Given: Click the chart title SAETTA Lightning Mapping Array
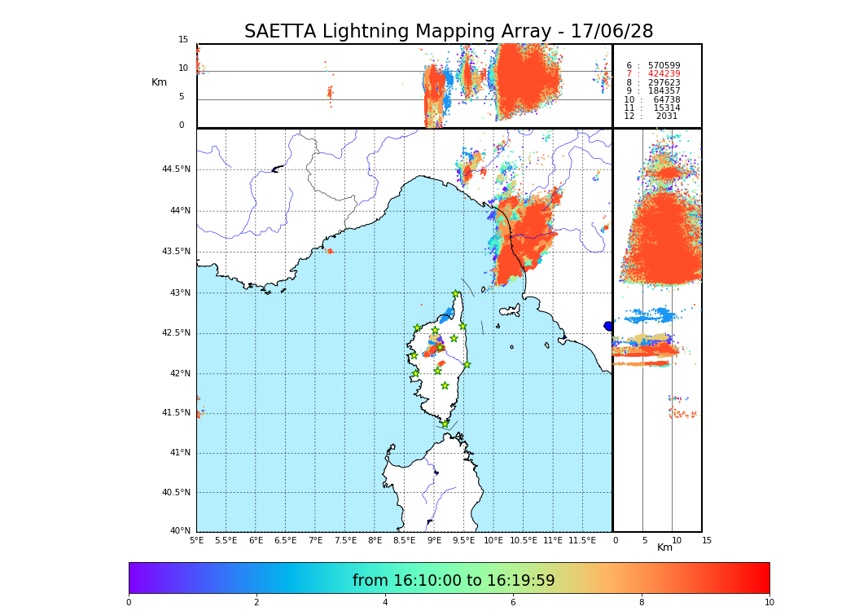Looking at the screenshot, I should coord(449,32).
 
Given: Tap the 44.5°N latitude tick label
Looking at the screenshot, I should coord(176,169).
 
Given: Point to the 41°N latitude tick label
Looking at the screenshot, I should coord(180,453).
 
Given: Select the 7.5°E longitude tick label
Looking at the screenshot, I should coord(345,540).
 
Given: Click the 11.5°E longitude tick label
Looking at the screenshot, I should coord(582,540).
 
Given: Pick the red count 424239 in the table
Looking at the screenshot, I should coord(664,74).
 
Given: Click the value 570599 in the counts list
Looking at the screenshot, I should coord(664,66).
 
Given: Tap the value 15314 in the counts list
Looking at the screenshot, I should coord(666,108).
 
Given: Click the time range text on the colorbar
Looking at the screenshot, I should coord(454,581).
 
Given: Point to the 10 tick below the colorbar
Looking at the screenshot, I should coord(769,603).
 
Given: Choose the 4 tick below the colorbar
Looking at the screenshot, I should coord(385,603).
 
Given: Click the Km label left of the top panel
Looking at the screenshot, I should coord(159,82).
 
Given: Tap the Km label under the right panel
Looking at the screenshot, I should coord(664,547).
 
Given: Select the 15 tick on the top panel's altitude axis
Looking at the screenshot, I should coord(183,40).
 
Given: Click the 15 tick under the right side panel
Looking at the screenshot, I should coord(707,540).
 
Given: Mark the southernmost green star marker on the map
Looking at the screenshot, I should coord(445,424).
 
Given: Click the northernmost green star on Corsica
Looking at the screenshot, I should coord(456,294).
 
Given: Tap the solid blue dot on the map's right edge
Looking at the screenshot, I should coord(608,326).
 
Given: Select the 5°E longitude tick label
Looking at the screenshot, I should coord(196,540).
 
